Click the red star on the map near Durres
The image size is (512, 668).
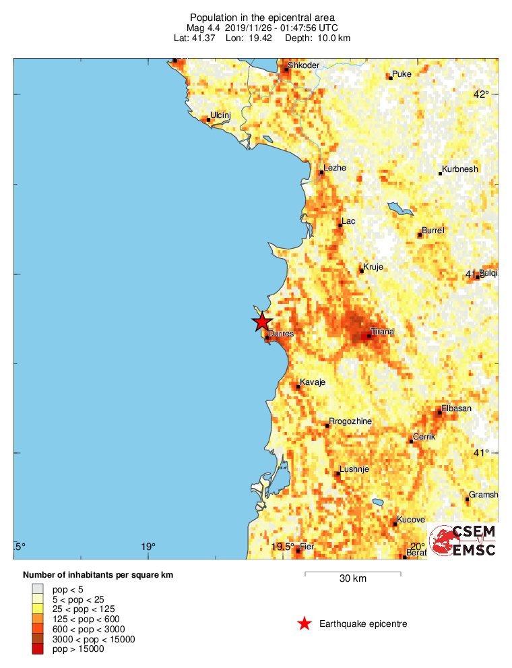(262, 322)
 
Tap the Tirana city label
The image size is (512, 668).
(382, 332)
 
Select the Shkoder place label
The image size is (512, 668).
(303, 65)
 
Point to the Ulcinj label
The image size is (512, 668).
(221, 116)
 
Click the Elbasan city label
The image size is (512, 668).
(457, 408)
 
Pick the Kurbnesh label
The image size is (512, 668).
(461, 169)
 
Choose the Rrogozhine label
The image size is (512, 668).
(350, 421)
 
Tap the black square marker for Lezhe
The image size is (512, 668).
(321, 173)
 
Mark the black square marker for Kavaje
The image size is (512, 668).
(298, 387)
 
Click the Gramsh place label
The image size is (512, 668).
(484, 495)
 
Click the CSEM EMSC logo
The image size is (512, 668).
(463, 541)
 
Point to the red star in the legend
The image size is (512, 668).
(305, 624)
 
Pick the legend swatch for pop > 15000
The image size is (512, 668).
(37, 649)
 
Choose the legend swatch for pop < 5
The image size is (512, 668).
(37, 588)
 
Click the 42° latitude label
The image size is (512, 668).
(480, 94)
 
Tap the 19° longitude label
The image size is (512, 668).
(148, 547)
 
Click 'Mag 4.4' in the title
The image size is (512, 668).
(205, 28)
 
